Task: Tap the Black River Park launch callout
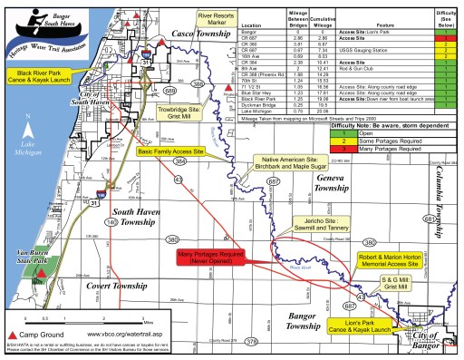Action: point(39,74)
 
